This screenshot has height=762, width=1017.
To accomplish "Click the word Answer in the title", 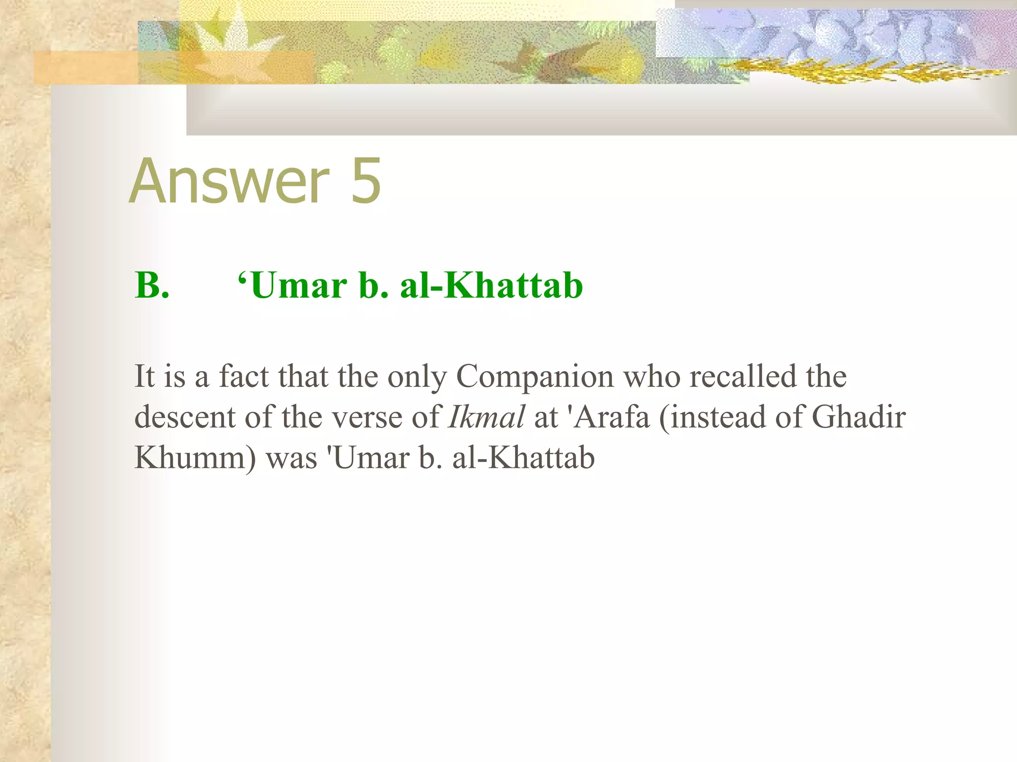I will (x=229, y=181).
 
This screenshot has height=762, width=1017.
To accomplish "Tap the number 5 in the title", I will (x=366, y=181).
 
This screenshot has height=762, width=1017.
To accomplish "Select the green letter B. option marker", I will (x=152, y=286).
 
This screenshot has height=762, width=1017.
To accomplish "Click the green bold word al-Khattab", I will (x=491, y=286).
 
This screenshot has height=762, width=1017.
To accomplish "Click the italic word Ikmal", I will (x=486, y=417).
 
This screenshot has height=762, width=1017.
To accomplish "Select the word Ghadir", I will (x=859, y=417).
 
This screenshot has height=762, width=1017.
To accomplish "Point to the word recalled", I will (x=743, y=376).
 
